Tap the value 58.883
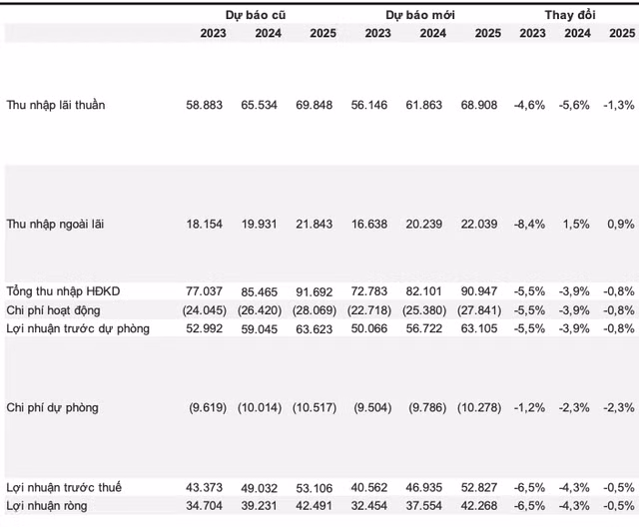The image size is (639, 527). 207,104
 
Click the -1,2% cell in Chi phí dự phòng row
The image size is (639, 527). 529,408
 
